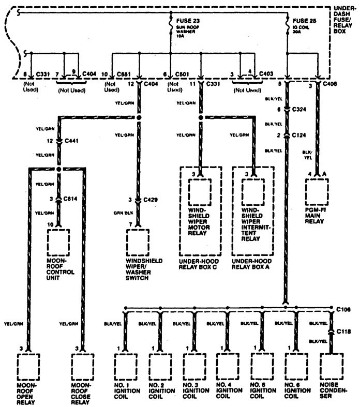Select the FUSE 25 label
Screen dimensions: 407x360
coord(301,21)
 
